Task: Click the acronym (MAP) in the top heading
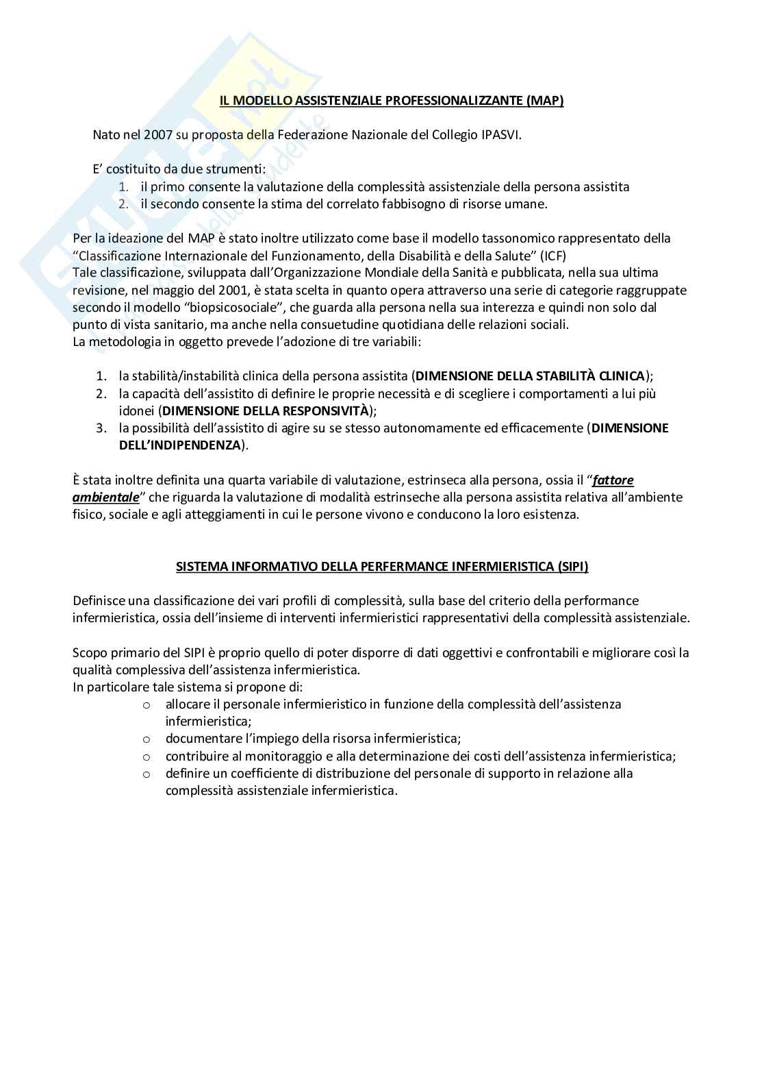[x=545, y=101]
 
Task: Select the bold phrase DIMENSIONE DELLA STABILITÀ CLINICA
[x=530, y=376]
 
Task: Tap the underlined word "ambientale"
[x=105, y=497]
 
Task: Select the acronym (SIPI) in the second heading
[x=568, y=567]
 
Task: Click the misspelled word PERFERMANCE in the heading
[x=404, y=567]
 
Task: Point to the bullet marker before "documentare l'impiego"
[x=146, y=739]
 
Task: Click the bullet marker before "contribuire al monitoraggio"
[x=146, y=757]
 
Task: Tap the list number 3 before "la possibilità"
[x=101, y=428]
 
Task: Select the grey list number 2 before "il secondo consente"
[x=123, y=204]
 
